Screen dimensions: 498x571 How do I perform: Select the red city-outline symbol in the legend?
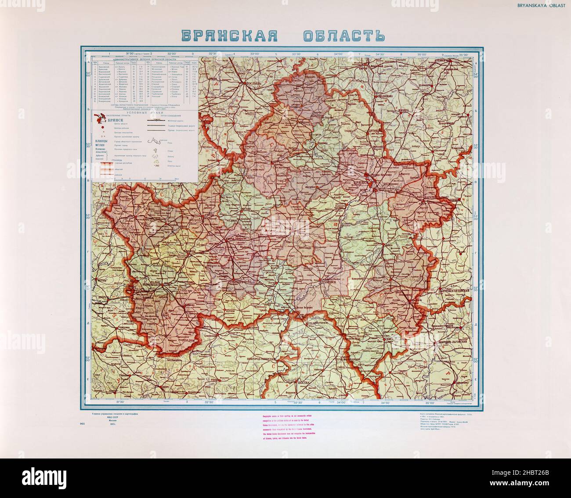point(99,116)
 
